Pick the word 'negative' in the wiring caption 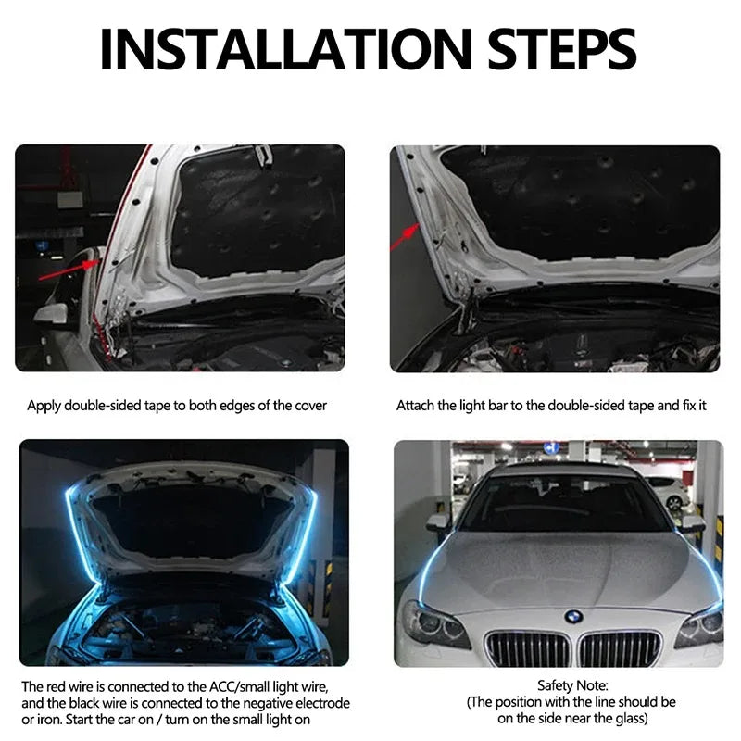tap(265, 703)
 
